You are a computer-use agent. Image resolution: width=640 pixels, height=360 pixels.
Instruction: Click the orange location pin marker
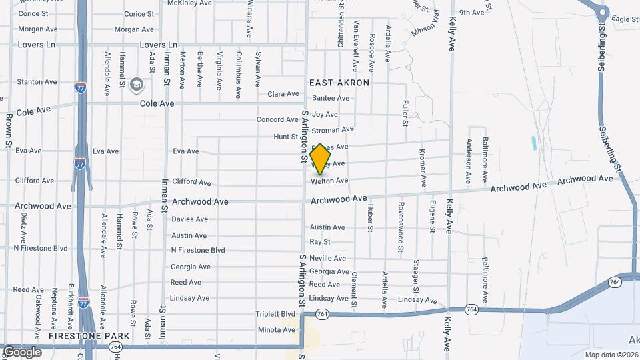(320, 159)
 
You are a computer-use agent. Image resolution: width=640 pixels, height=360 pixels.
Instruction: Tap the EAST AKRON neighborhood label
(339, 83)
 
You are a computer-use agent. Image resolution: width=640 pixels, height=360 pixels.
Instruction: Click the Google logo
(22, 351)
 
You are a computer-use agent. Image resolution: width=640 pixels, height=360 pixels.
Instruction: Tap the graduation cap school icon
(137, 84)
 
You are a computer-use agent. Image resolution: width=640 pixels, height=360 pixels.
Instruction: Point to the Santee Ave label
(331, 98)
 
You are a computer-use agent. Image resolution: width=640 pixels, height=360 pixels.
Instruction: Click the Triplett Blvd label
(275, 314)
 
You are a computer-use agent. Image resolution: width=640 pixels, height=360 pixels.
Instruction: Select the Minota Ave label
(276, 330)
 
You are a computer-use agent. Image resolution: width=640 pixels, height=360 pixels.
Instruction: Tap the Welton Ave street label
(329, 181)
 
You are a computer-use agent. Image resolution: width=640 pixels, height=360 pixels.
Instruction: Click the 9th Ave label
(471, 13)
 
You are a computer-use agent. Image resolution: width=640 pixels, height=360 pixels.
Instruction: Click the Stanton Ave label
(37, 82)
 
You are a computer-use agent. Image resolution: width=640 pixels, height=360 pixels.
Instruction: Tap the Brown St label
(9, 130)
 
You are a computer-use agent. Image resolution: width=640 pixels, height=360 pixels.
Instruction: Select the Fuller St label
(405, 113)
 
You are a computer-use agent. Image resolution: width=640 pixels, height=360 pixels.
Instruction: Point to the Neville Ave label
(327, 258)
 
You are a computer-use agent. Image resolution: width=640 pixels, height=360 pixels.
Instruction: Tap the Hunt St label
(285, 137)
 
